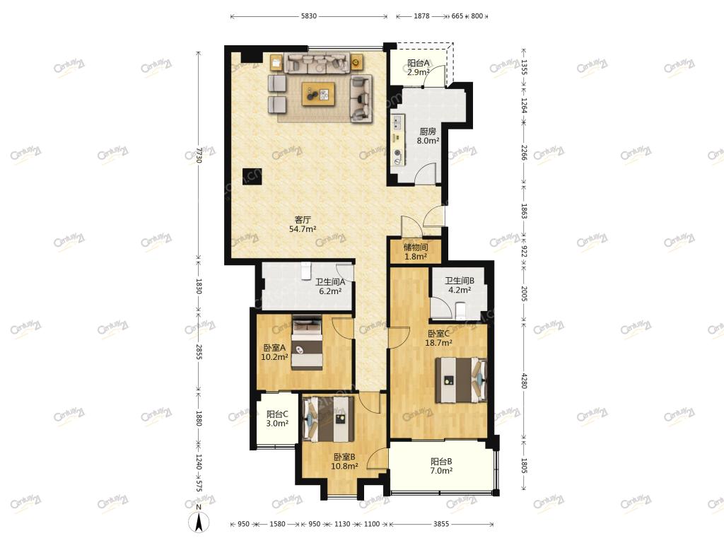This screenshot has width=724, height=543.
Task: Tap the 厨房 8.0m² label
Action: coord(428,136)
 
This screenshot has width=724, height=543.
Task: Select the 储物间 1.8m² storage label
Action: coord(416,252)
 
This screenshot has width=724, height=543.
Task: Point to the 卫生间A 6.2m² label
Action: coord(330,286)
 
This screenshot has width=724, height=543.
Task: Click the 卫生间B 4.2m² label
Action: coord(460,286)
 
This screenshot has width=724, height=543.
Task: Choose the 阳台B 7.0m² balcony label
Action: coord(441,466)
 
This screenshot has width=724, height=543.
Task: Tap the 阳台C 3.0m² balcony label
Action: coord(277,419)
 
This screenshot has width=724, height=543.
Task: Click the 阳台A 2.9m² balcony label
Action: coord(419,67)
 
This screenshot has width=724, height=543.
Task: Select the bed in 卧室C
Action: coord(461,380)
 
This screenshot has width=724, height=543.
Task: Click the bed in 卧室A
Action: coord(307,342)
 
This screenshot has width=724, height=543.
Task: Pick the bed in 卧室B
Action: coord(328,418)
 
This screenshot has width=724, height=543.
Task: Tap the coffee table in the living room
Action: coord(319,94)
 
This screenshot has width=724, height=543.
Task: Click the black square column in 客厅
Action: coord(252,176)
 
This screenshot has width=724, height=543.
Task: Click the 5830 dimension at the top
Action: coord(309,16)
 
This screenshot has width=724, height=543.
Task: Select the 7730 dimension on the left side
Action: coord(199,155)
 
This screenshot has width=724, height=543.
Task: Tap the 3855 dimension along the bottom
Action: coord(441,524)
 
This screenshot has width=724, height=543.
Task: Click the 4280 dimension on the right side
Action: coord(524,380)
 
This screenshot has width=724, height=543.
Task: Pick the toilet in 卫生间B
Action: coord(460,310)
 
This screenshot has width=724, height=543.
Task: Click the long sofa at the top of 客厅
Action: coord(316,63)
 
